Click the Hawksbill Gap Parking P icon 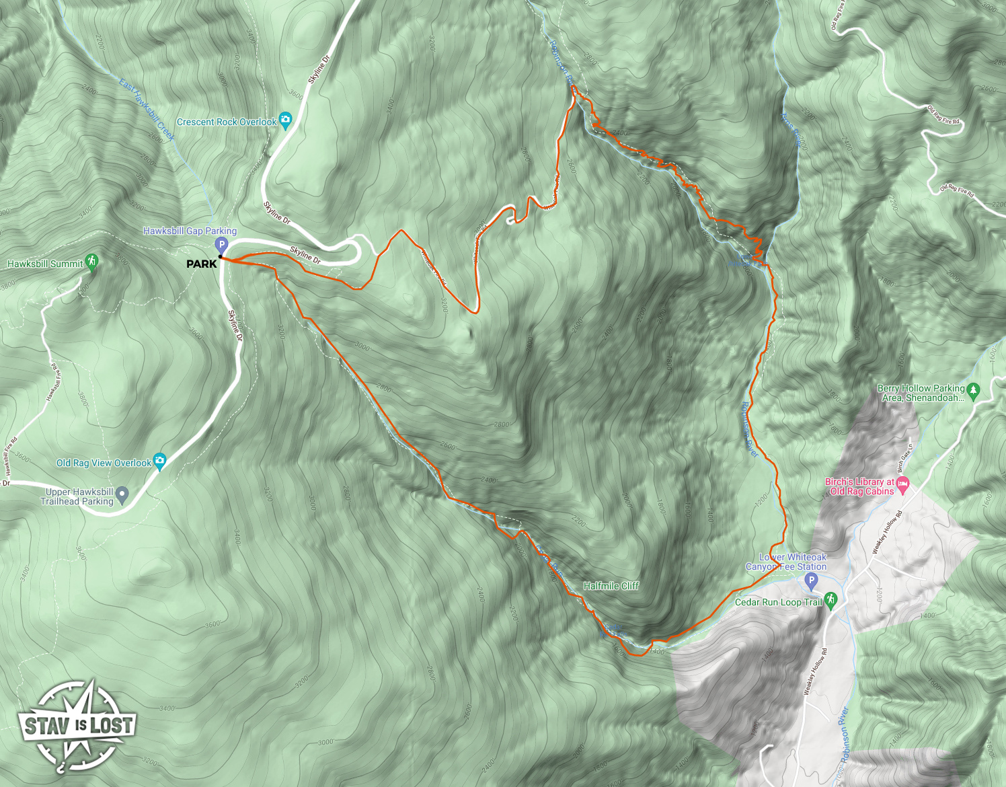point(221,245)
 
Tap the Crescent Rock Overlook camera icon point(285,120)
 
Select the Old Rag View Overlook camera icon point(159,461)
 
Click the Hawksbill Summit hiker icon point(92,262)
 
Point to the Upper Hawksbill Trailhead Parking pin point(122,495)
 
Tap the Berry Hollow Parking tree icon point(973,389)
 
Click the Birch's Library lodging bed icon point(902,484)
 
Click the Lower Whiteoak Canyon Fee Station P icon point(811,580)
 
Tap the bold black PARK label point(202,264)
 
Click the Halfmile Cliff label point(611,586)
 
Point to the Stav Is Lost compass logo point(77,726)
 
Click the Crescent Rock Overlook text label point(227,122)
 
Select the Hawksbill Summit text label point(45,264)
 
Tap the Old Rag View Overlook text point(104,463)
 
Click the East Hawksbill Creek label point(147,109)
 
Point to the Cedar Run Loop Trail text point(778,602)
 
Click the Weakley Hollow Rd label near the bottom point(816,671)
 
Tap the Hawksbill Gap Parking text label point(190,231)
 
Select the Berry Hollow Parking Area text point(922,393)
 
